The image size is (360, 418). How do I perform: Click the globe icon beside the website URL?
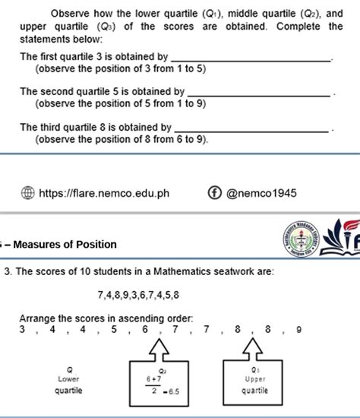tap(27, 192)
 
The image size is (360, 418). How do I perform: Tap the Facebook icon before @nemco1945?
tap(214, 192)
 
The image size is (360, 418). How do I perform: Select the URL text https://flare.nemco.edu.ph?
tap(103, 193)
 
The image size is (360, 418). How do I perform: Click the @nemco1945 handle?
tap(262, 193)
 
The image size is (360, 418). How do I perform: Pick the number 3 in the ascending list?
tap(23, 330)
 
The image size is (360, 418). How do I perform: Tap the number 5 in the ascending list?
tap(113, 330)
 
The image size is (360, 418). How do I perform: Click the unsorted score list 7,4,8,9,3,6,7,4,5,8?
tap(138, 293)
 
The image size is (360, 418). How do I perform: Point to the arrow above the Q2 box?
tap(161, 350)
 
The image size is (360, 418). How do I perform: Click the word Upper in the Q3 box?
tap(255, 378)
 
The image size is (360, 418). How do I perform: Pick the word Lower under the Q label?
tap(68, 378)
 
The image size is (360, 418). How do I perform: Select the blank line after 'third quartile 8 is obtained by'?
tap(255, 128)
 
